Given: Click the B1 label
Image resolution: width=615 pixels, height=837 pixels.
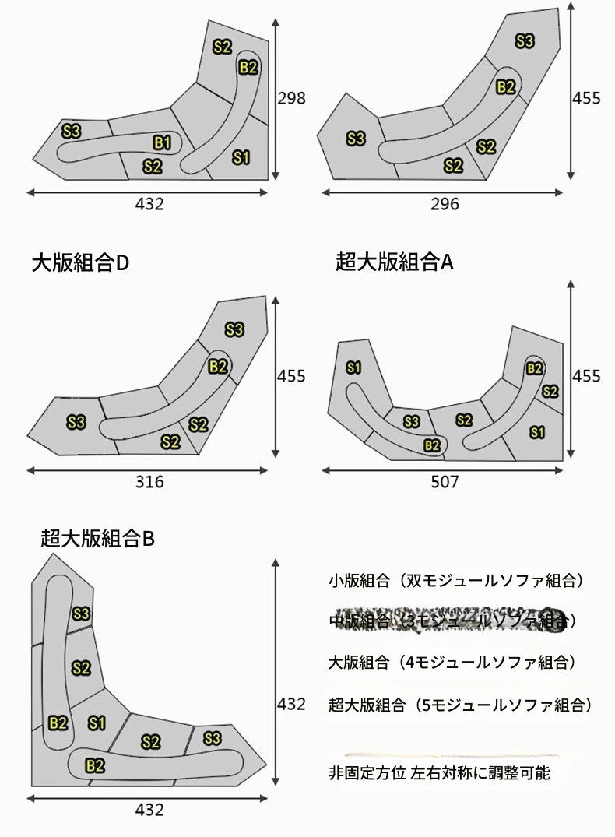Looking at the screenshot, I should pyautogui.click(x=162, y=142).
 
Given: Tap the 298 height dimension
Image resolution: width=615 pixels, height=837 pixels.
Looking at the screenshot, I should pyautogui.click(x=291, y=98).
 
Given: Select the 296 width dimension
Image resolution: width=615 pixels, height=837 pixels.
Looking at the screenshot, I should pyautogui.click(x=445, y=204).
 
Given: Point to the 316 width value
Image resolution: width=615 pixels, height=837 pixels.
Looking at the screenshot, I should pyautogui.click(x=149, y=481).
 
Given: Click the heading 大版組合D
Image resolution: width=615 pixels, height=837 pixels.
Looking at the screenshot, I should pyautogui.click(x=80, y=263).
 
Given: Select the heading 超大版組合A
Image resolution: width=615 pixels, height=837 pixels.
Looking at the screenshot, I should pyautogui.click(x=395, y=262).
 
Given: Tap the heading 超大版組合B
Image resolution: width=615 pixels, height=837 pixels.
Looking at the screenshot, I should pyautogui.click(x=98, y=537).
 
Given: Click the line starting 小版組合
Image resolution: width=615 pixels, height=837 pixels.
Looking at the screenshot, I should pyautogui.click(x=456, y=580).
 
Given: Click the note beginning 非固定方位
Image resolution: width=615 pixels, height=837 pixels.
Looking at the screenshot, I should pyautogui.click(x=439, y=773).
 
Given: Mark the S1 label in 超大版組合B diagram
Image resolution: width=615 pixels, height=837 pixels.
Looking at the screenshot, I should pyautogui.click(x=97, y=723).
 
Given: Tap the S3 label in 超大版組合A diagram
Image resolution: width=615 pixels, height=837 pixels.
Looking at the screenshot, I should pyautogui.click(x=412, y=421).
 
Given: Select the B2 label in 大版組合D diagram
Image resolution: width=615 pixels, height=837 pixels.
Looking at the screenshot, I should pyautogui.click(x=218, y=366).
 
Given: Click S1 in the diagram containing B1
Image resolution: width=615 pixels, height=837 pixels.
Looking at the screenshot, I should pyautogui.click(x=241, y=158).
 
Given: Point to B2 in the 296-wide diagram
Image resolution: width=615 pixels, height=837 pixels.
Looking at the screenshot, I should pyautogui.click(x=505, y=86).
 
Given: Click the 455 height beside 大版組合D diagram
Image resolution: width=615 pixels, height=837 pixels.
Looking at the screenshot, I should pyautogui.click(x=291, y=376).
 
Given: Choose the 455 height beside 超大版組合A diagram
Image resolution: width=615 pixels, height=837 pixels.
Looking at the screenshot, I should pyautogui.click(x=586, y=376).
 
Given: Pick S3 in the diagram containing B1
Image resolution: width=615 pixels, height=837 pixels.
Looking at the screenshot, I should pyautogui.click(x=71, y=131).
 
